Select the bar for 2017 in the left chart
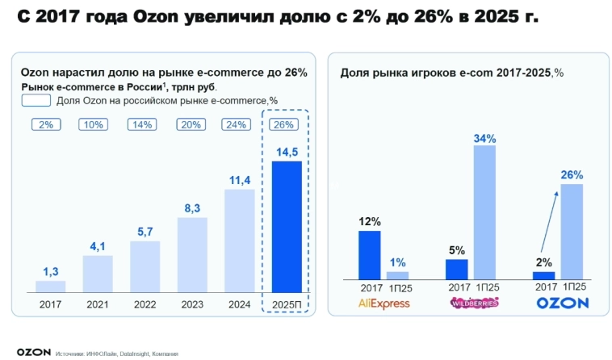click(51, 286)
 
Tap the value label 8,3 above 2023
click(192, 208)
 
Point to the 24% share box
click(239, 124)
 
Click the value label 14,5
click(287, 152)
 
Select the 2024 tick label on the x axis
click(239, 304)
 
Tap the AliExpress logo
click(384, 303)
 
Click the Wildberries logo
click(473, 303)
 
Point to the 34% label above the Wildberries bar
click(485, 139)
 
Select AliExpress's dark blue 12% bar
click(369, 254)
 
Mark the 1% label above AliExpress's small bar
click(398, 262)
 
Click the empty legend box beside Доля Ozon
click(36, 101)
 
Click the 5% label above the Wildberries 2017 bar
click(455, 249)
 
